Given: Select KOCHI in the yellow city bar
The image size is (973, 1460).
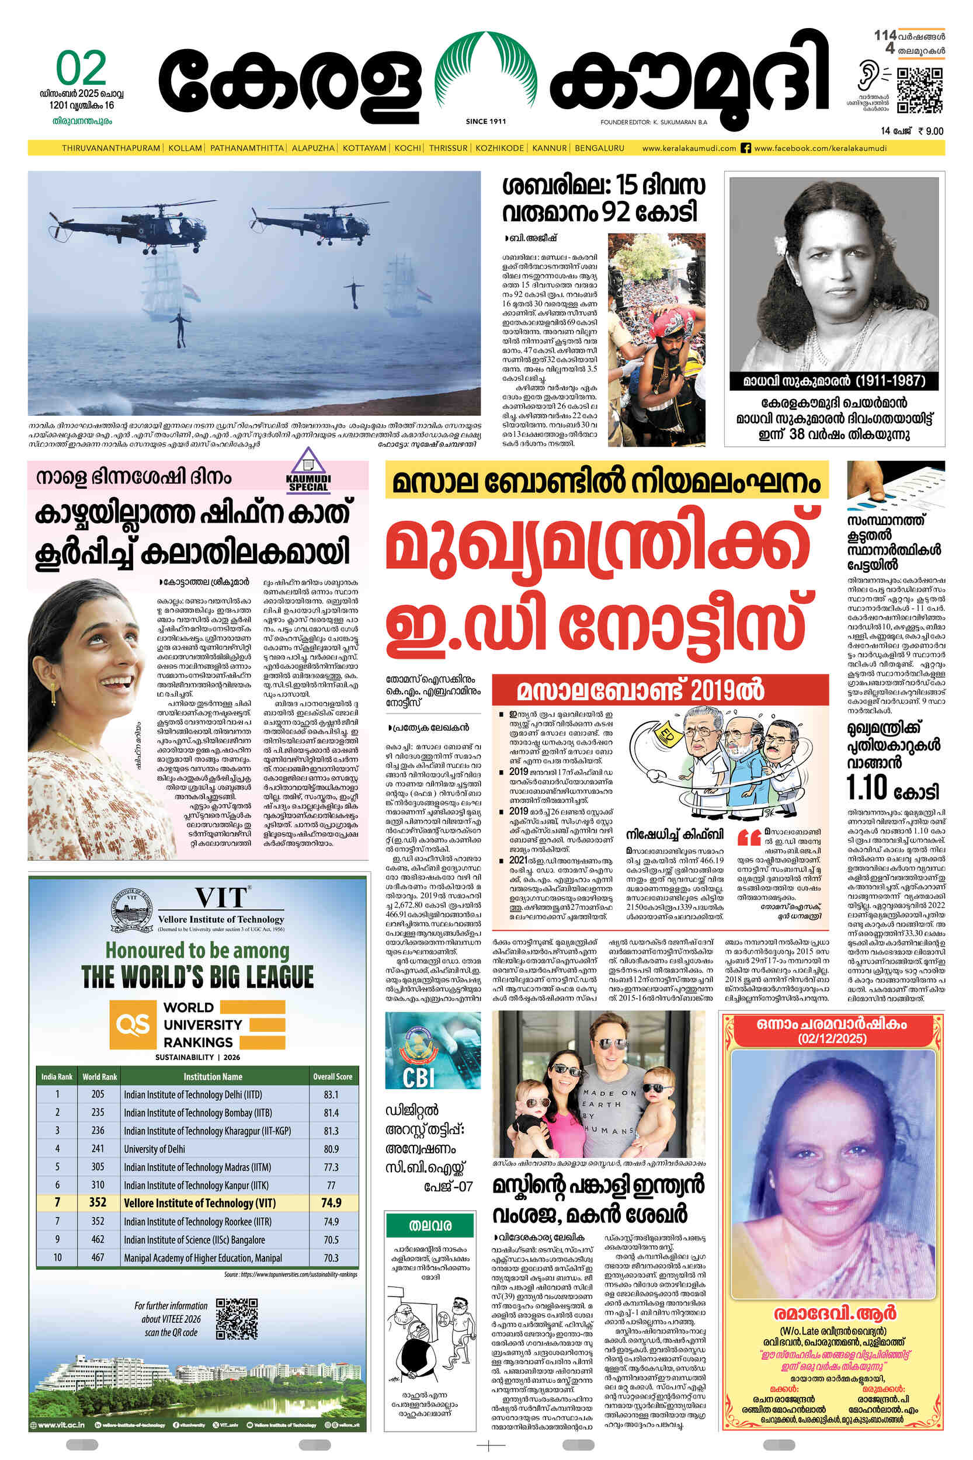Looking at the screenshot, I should tap(408, 148).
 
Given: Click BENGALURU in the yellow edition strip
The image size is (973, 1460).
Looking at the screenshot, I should tap(599, 148).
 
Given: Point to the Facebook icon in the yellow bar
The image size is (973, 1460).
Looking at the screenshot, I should tap(746, 148).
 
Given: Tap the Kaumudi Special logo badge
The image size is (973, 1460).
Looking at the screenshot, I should tap(308, 470).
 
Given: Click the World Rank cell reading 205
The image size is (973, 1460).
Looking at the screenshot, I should tap(98, 1094).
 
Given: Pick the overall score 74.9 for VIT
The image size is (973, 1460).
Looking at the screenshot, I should tap(331, 1202).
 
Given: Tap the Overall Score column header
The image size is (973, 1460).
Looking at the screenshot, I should tap(333, 1076).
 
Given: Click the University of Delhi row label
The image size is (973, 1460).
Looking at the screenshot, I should tap(155, 1149).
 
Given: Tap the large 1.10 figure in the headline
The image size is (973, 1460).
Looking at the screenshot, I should tap(867, 787).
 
